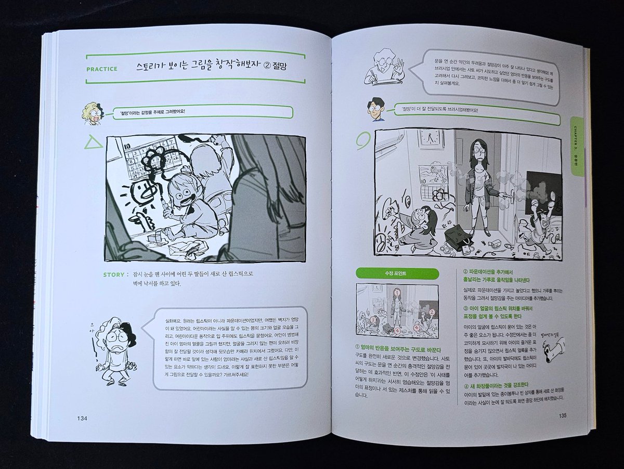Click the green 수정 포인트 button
(397, 274)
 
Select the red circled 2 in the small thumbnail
(431, 312)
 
